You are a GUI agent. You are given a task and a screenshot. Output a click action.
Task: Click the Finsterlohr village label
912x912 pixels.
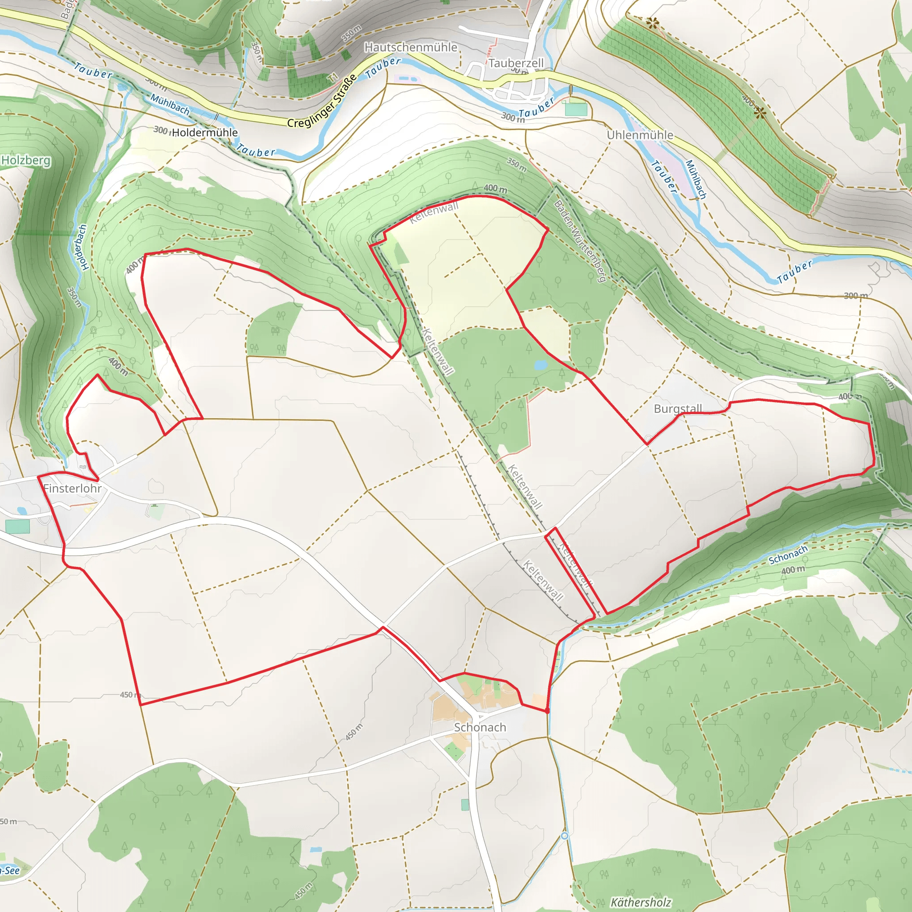[x=72, y=488]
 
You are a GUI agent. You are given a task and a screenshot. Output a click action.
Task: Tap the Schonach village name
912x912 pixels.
[x=480, y=728]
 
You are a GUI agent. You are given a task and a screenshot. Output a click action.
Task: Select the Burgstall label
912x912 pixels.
[x=678, y=408]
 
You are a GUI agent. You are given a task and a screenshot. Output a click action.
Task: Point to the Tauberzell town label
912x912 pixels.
[x=516, y=63]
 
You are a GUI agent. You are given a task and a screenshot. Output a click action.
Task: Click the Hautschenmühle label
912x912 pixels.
[x=411, y=47]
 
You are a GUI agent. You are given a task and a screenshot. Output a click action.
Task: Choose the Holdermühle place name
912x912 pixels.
[x=204, y=133]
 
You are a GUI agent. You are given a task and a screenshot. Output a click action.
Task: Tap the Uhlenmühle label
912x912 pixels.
[x=639, y=135]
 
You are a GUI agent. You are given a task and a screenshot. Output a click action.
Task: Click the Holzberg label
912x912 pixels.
[x=25, y=160]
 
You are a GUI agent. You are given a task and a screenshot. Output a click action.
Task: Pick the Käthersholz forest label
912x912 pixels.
[x=640, y=902]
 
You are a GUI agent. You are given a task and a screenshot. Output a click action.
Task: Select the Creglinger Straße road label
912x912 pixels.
[x=322, y=101]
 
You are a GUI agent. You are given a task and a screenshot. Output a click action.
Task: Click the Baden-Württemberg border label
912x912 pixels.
[x=580, y=241]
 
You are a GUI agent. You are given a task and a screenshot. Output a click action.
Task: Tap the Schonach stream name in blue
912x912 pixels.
[x=788, y=555]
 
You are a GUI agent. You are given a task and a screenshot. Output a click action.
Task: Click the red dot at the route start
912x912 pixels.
[x=547, y=711]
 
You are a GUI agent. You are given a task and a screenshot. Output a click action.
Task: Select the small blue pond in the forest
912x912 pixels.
[x=540, y=365]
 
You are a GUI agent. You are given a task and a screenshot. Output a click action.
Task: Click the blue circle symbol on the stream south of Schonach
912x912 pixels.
[x=565, y=836]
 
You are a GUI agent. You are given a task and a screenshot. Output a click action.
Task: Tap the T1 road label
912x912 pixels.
[x=334, y=77]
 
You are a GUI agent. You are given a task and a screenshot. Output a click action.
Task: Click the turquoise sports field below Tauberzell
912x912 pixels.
[x=576, y=109]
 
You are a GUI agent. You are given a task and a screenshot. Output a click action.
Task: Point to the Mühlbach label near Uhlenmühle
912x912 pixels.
[x=696, y=179]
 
